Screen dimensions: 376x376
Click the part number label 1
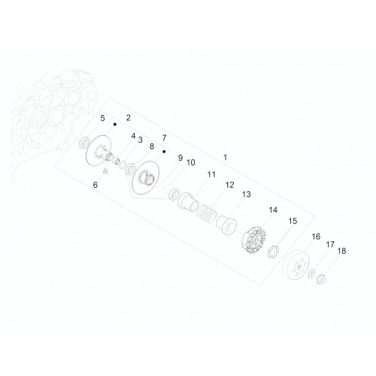point(225,157)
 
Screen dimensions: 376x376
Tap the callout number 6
point(96,185)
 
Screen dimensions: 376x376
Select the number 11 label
point(211,174)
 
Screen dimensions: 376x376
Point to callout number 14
point(273,210)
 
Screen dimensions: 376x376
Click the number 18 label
point(341,250)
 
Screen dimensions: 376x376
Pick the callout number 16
point(316,236)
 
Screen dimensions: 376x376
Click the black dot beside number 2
point(115,124)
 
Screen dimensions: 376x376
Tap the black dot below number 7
point(164,152)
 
